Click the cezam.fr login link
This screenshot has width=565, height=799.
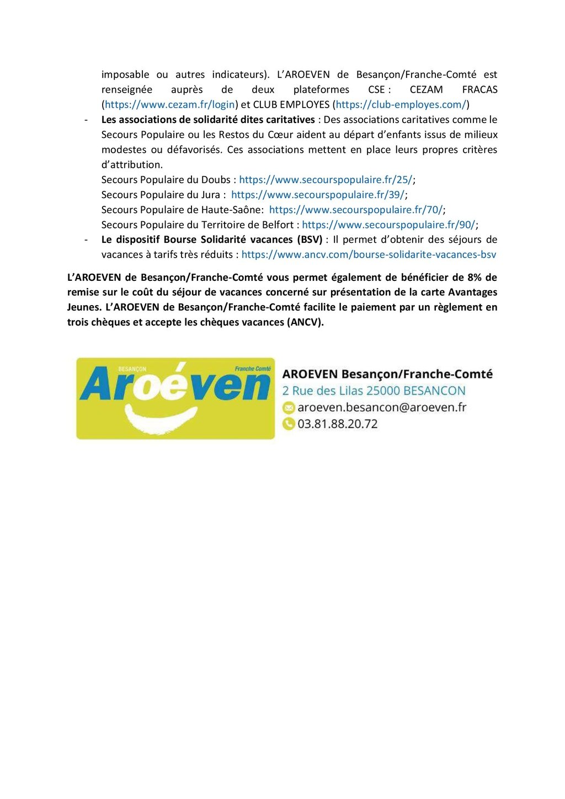point(170,105)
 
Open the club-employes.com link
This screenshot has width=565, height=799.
point(401,105)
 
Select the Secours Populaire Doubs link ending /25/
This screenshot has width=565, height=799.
point(326,180)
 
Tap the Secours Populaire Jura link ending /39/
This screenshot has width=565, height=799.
point(318,195)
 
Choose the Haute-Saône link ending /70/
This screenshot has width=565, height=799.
point(356,210)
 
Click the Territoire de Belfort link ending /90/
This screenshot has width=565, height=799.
point(388,225)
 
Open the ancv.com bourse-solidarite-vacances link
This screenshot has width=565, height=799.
point(369,255)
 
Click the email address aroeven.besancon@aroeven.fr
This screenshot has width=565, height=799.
point(382,408)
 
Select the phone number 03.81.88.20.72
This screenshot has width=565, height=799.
point(338,424)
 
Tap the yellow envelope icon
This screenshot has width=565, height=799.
point(289,408)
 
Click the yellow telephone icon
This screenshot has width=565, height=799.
point(289,424)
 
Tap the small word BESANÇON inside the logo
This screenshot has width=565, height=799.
point(132,369)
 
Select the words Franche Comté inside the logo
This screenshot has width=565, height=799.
point(253,369)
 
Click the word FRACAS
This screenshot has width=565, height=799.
point(479,90)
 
